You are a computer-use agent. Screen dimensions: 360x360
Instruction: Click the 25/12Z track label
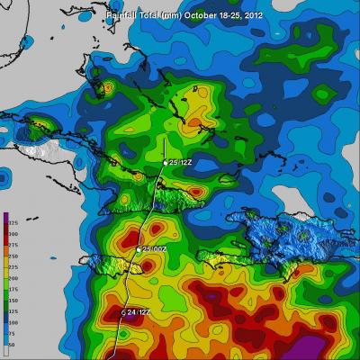(x=176, y=162)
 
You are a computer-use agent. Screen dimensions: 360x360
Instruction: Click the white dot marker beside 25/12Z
(x=165, y=162)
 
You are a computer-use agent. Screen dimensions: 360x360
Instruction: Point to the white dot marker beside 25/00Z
(x=139, y=248)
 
